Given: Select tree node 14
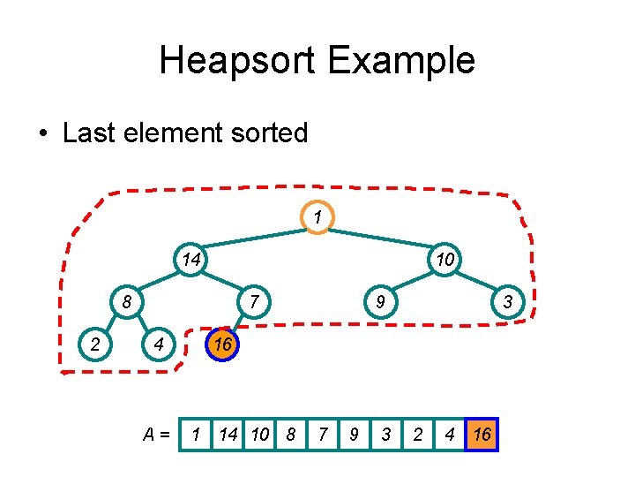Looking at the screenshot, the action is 190,260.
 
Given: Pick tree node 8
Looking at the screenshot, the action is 127,302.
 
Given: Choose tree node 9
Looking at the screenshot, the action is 379,302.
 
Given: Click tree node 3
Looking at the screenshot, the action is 508,302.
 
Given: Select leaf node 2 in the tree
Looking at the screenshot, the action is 94,344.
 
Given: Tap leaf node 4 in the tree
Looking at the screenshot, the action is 158,344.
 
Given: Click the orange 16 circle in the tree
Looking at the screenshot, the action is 222,344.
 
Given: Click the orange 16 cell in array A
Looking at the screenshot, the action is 482,434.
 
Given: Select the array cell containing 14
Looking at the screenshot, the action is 228,434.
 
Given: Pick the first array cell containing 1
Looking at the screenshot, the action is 196,434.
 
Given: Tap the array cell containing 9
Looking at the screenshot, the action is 354,434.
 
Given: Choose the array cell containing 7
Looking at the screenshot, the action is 323,434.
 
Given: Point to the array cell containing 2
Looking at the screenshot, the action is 418,434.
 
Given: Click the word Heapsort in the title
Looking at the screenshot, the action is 238,61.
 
